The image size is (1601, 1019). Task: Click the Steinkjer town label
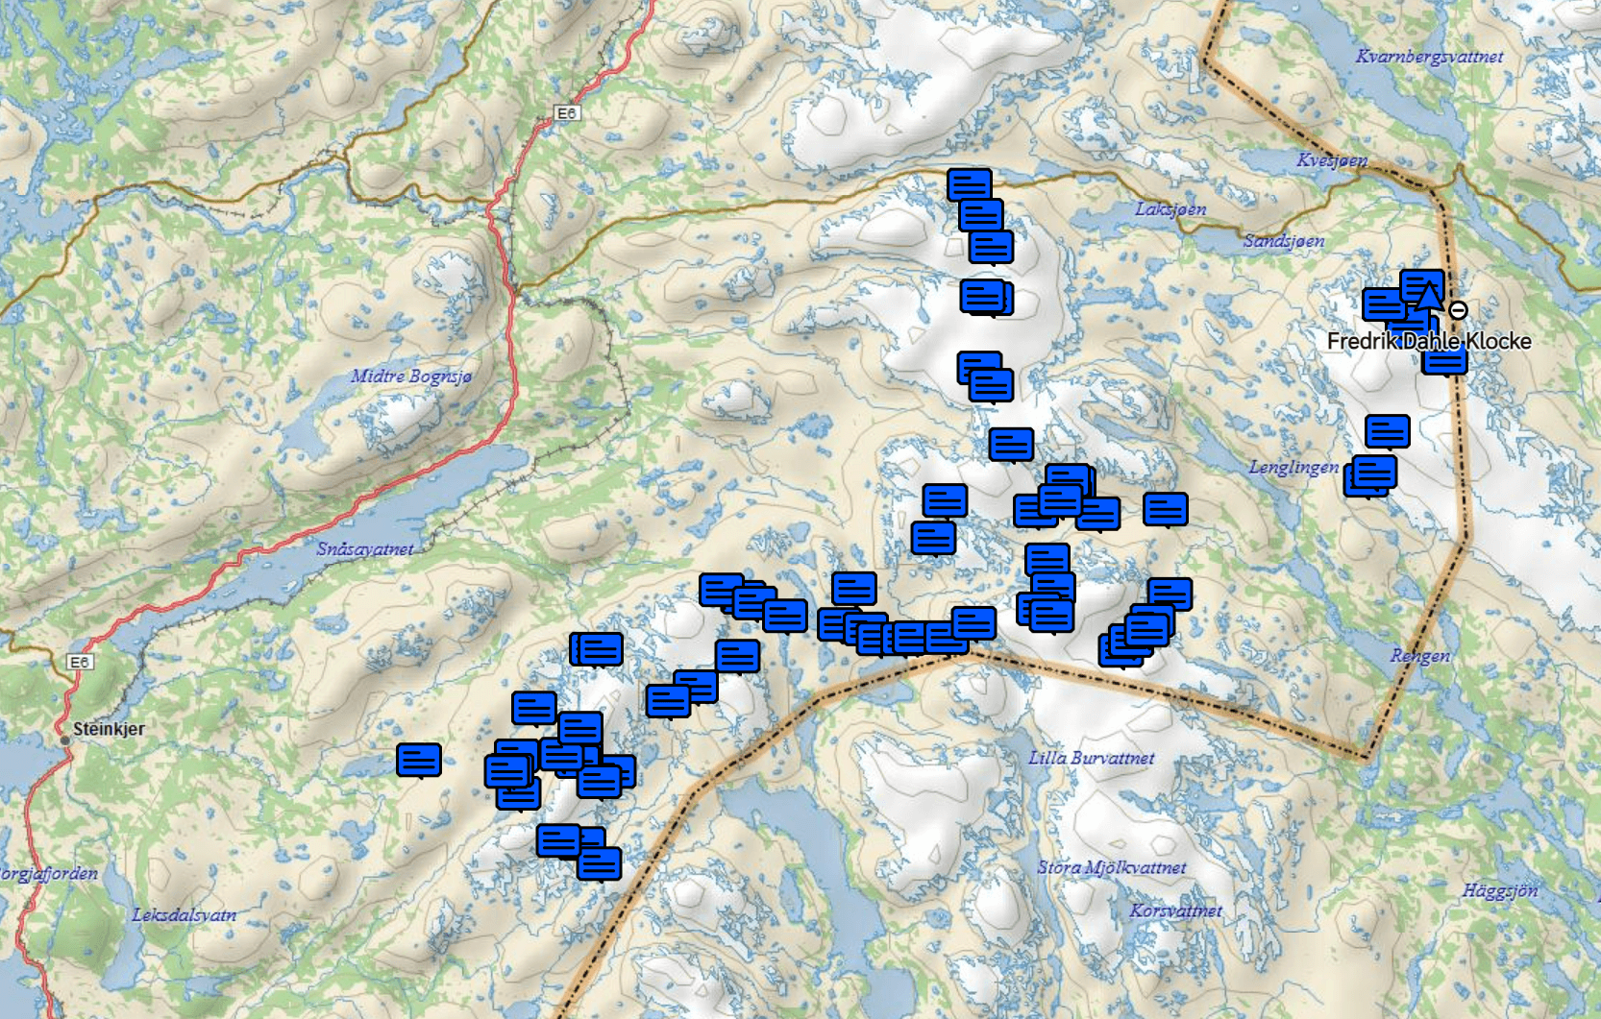[x=109, y=729]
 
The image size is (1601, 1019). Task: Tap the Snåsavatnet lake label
[x=365, y=549]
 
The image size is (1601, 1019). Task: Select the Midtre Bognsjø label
[x=411, y=376]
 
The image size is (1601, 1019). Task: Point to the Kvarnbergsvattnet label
[x=1429, y=57]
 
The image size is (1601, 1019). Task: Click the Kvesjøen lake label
[x=1332, y=160]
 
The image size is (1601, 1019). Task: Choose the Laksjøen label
[x=1170, y=209]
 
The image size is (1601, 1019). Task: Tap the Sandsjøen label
[x=1284, y=241]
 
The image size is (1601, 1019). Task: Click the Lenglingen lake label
[x=1293, y=468]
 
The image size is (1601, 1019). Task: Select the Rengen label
[x=1420, y=656]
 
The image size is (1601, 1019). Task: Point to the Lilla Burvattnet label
[x=1092, y=758]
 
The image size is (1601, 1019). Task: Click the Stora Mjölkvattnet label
[x=1112, y=867]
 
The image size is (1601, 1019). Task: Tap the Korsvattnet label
[x=1176, y=910]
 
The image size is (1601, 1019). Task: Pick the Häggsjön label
[x=1500, y=890]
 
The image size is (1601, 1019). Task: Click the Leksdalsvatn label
[x=185, y=915]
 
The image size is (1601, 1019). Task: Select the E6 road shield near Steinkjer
[x=80, y=662]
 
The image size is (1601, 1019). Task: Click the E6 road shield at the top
[x=567, y=113]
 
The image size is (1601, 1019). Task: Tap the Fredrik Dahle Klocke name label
[x=1429, y=341]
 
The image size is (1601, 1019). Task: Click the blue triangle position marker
[x=1429, y=295]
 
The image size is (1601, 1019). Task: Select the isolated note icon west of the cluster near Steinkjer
[x=419, y=760]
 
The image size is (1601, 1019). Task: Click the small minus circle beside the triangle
[x=1458, y=310]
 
